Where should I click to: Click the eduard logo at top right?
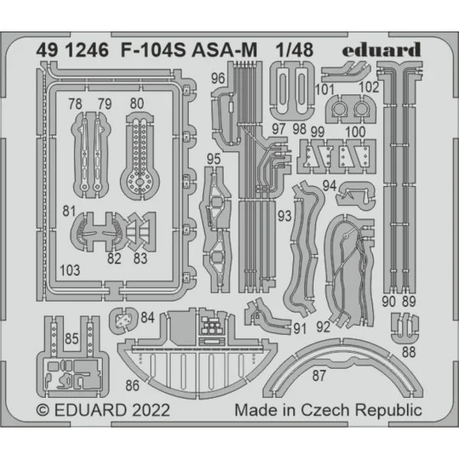pos(382,50)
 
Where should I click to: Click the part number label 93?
pos(283,212)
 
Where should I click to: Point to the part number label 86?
pos(133,385)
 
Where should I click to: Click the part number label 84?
pos(148,318)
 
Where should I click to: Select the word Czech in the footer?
pos(336,411)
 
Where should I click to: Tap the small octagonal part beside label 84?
pos(125,320)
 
